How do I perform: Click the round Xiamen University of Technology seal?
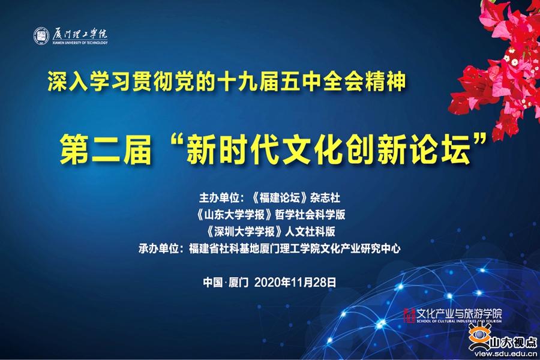click(x=41, y=36)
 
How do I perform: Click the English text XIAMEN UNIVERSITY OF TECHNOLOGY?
click(x=80, y=43)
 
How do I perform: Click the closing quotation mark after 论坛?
click(x=481, y=141)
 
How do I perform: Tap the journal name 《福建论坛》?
click(x=279, y=198)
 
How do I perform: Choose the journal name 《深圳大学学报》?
click(x=245, y=232)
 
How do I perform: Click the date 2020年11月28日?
click(x=295, y=283)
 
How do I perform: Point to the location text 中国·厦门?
click(x=226, y=283)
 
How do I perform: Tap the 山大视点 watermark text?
click(x=514, y=342)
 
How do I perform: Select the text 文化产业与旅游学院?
click(x=459, y=313)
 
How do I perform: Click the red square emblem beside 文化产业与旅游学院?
click(x=409, y=315)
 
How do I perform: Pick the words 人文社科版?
click(x=310, y=232)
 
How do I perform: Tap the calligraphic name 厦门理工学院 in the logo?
click(x=80, y=34)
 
